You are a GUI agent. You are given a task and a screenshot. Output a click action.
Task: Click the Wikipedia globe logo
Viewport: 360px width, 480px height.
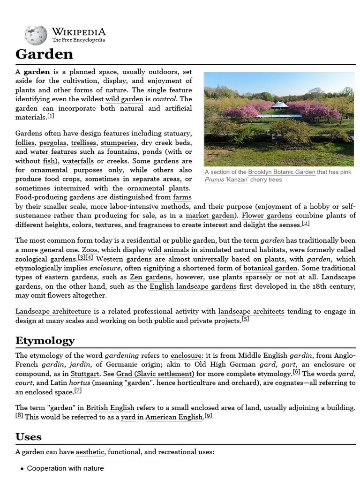point(36,35)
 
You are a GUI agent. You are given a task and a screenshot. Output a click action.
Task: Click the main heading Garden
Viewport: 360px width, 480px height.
point(45,54)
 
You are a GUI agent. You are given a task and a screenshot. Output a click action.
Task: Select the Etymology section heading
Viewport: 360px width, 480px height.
point(45,340)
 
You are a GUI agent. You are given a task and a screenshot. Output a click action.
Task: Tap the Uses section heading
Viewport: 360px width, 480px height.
point(29,437)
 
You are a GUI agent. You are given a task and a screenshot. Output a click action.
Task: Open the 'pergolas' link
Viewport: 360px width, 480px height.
point(53,142)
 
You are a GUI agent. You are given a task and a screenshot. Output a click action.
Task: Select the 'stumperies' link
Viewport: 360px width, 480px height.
point(119,142)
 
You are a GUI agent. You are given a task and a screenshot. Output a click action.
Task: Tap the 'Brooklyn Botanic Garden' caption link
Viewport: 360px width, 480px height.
point(281,172)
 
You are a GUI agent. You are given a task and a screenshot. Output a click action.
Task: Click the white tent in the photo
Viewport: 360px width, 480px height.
point(280,105)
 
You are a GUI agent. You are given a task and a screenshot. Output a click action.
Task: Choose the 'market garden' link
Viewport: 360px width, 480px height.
point(210,216)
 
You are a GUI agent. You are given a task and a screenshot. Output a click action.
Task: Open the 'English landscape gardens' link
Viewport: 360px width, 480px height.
point(193,286)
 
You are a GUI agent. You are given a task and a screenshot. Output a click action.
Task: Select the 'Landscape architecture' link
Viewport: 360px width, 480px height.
point(53,311)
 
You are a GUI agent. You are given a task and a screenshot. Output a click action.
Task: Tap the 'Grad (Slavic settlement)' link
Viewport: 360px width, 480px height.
point(155,374)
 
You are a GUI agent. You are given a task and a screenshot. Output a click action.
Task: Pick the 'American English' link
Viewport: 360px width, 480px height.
point(174,417)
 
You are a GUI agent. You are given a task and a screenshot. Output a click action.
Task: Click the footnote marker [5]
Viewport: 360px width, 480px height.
point(245,319)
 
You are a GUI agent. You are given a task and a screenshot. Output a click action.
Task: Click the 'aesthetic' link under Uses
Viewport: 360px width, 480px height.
point(90,452)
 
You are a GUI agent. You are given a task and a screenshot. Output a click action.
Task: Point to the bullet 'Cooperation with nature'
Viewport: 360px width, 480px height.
point(65,468)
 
